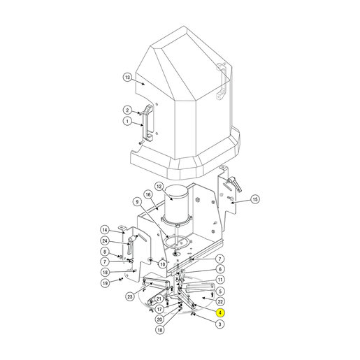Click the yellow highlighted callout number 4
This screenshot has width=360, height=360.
(220, 312)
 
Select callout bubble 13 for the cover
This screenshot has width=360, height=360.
(127, 77)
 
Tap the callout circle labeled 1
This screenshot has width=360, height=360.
(127, 121)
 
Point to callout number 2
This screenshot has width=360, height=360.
(127, 110)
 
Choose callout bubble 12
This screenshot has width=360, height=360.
(159, 187)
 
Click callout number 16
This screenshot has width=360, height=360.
(148, 194)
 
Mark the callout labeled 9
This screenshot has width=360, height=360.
(137, 202)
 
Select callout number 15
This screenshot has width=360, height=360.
(255, 199)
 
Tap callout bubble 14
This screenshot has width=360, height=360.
(105, 230)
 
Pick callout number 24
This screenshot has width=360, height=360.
(105, 240)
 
